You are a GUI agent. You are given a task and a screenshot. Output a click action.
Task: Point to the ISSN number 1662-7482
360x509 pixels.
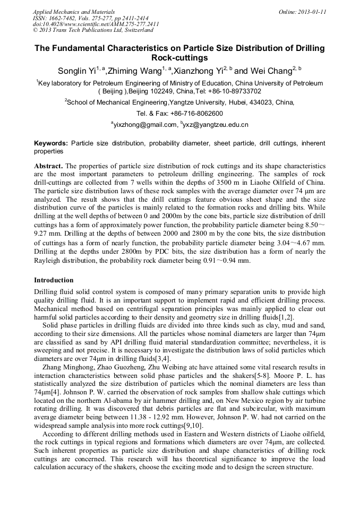pyautogui.click(x=62, y=18)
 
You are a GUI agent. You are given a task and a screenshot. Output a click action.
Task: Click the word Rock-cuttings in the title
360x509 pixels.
pyautogui.click(x=179, y=58)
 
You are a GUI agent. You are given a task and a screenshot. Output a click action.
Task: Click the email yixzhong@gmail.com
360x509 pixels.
pyautogui.click(x=145, y=125)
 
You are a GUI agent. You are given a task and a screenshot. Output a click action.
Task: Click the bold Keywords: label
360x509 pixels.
pyautogui.click(x=51, y=143)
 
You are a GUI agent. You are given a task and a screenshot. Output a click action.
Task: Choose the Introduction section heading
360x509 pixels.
pyautogui.click(x=54, y=280)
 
